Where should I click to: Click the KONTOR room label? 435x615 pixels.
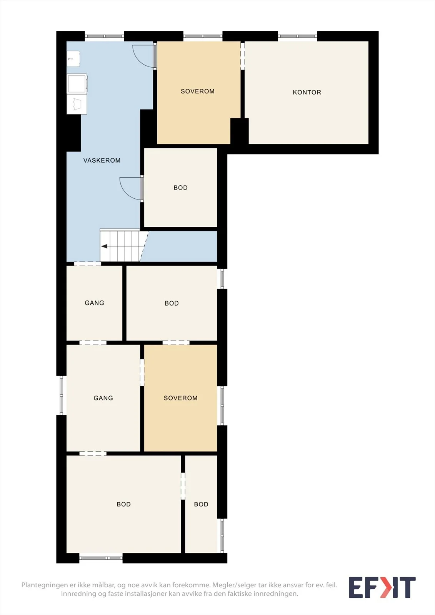[307, 92]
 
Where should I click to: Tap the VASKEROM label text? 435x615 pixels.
[102, 160]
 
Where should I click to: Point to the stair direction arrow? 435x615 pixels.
[104, 246]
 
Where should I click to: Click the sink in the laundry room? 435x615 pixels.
[73, 58]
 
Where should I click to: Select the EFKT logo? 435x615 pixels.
[382, 587]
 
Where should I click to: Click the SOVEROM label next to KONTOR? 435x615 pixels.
[198, 91]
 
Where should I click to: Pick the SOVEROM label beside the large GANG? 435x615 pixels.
[180, 398]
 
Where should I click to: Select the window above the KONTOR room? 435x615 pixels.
[298, 36]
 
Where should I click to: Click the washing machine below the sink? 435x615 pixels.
[77, 84]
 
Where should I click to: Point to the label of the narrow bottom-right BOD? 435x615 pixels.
[201, 504]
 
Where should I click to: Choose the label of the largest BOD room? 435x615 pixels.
[124, 504]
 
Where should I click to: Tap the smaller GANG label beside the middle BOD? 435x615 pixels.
[94, 303]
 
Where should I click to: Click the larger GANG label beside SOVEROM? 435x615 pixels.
[103, 398]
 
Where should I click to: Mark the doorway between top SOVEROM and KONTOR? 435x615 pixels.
[242, 56]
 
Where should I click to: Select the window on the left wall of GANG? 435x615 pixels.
[61, 395]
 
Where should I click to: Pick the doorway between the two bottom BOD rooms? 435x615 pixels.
[183, 486]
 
